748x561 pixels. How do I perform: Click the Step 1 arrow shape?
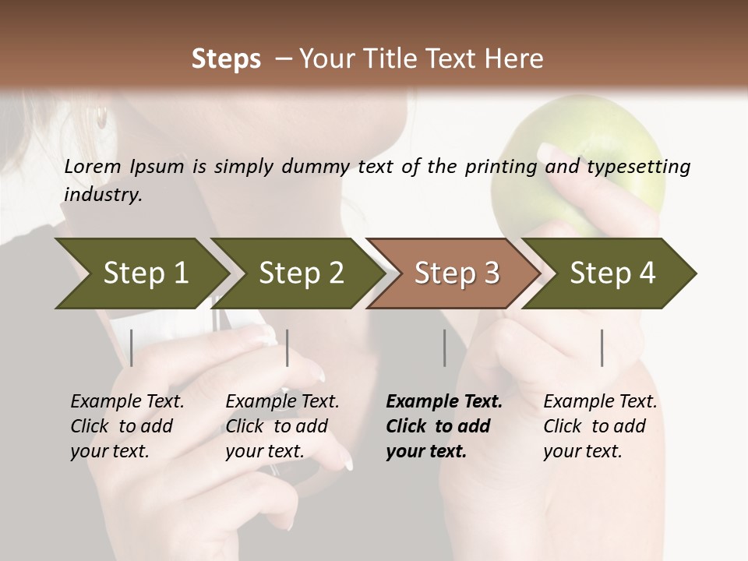tap(144, 273)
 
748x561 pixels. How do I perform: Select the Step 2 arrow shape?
tap(300, 273)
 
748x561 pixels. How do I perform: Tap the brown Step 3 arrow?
tap(456, 273)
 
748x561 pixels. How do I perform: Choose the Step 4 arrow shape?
tap(612, 273)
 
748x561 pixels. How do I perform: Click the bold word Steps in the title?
tap(226, 58)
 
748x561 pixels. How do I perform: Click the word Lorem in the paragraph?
tap(93, 166)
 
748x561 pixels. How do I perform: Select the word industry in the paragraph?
tap(103, 195)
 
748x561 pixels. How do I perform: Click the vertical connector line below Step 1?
tap(132, 348)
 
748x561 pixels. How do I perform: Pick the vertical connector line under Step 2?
tap(288, 348)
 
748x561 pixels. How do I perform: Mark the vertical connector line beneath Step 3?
tap(444, 348)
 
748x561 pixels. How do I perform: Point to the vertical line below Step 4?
tap(602, 348)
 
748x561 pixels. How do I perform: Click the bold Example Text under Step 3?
tap(444, 401)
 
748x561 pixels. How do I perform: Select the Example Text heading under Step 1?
tap(127, 401)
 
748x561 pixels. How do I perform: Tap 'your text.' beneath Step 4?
tap(582, 451)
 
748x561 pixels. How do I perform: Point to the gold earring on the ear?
tap(101, 118)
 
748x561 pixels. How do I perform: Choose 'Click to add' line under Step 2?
tap(276, 426)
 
